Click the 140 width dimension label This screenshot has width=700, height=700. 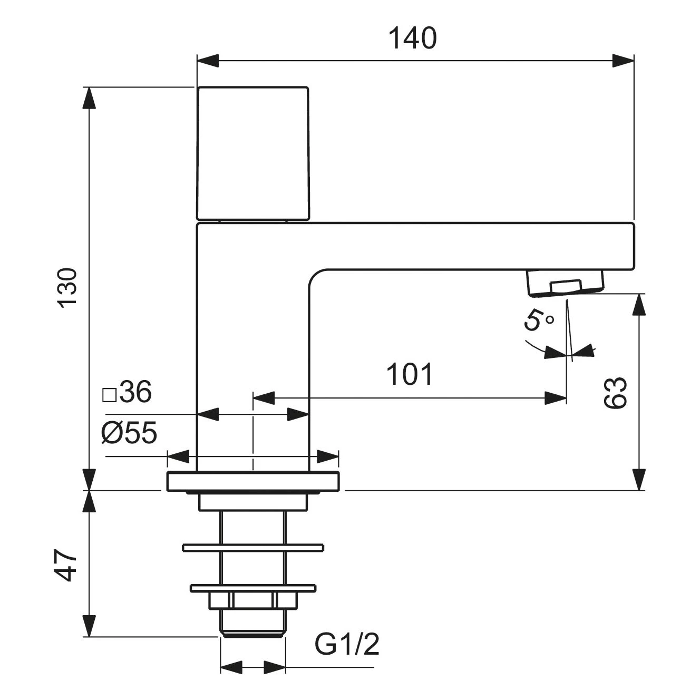point(413,38)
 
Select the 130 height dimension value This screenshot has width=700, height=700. point(68,287)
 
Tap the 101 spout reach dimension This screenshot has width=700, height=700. point(410,374)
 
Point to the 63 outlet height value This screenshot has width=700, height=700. point(616,393)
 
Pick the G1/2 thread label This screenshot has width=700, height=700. point(347,644)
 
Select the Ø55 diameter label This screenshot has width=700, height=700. point(129,433)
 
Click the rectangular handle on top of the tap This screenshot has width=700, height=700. point(252,153)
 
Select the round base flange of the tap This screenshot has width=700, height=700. point(252,482)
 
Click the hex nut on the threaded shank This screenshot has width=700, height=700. point(252,600)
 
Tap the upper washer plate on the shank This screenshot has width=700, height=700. point(252,548)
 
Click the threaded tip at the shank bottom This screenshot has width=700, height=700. point(252,627)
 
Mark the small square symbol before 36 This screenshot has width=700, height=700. point(109,394)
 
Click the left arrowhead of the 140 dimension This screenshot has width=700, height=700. point(207,61)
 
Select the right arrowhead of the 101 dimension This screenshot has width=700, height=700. point(556,398)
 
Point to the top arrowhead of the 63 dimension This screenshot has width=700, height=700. point(639,304)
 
